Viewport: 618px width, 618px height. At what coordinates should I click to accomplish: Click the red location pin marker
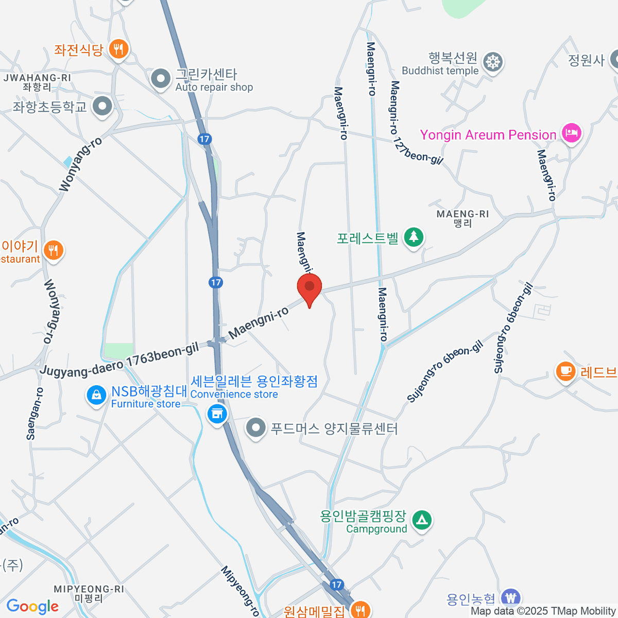310,287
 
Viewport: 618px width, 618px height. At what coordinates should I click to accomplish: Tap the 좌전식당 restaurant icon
119,49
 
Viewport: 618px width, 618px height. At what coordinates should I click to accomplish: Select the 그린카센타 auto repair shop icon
161,79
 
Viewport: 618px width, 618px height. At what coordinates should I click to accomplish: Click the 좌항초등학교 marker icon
102,107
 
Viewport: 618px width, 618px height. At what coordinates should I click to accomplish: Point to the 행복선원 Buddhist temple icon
493,62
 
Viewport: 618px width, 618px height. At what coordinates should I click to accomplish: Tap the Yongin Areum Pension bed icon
571,133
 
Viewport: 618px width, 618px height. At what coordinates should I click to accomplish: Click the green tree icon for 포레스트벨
413,237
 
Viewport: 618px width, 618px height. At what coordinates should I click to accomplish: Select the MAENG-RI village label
462,218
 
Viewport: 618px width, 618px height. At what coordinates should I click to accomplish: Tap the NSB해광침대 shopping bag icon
96,396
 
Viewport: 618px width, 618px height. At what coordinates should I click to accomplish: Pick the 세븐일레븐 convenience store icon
217,413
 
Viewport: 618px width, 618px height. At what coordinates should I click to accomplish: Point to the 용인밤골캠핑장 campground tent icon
422,520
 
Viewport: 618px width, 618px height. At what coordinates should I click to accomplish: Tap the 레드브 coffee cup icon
565,371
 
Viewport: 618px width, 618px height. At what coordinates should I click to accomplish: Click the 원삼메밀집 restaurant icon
360,610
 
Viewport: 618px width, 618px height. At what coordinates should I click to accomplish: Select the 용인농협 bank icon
510,598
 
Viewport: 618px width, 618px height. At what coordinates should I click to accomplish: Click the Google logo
32,607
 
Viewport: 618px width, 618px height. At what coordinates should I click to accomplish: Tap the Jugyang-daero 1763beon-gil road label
119,360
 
